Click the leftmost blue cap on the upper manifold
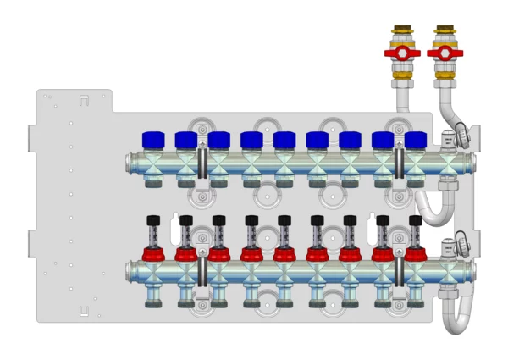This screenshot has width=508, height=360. point(152,138)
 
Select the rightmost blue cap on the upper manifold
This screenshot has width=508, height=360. point(415,139)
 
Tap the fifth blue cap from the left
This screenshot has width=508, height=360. point(284,139)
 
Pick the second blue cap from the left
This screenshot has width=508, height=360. point(186,139)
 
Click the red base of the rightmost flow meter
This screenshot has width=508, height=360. point(415,253)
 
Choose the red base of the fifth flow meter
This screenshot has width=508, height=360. point(284,253)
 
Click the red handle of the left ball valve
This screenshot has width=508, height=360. point(401,55)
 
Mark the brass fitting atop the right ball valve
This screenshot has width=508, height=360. point(444,36)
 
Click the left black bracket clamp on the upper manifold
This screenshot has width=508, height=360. point(202,161)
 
